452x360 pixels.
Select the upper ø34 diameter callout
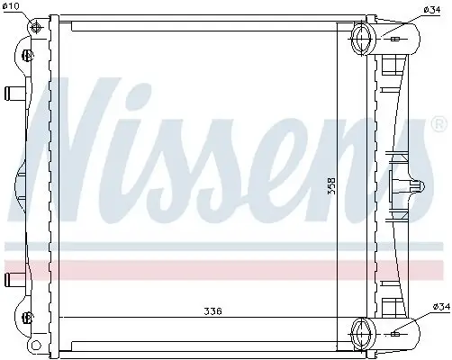(x=432, y=10)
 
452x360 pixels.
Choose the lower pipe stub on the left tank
(x=13, y=276)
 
